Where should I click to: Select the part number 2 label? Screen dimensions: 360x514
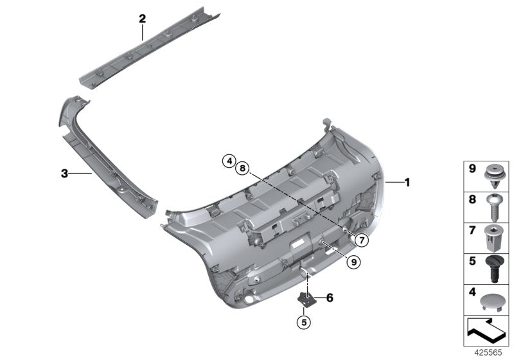point(143,19)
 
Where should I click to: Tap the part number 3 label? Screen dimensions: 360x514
point(64,173)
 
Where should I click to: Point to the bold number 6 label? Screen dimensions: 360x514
point(330,298)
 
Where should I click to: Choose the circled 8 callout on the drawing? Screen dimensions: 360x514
point(242,168)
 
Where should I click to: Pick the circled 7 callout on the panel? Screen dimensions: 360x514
point(361,240)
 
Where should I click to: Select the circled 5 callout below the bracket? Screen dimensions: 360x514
point(306,321)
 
